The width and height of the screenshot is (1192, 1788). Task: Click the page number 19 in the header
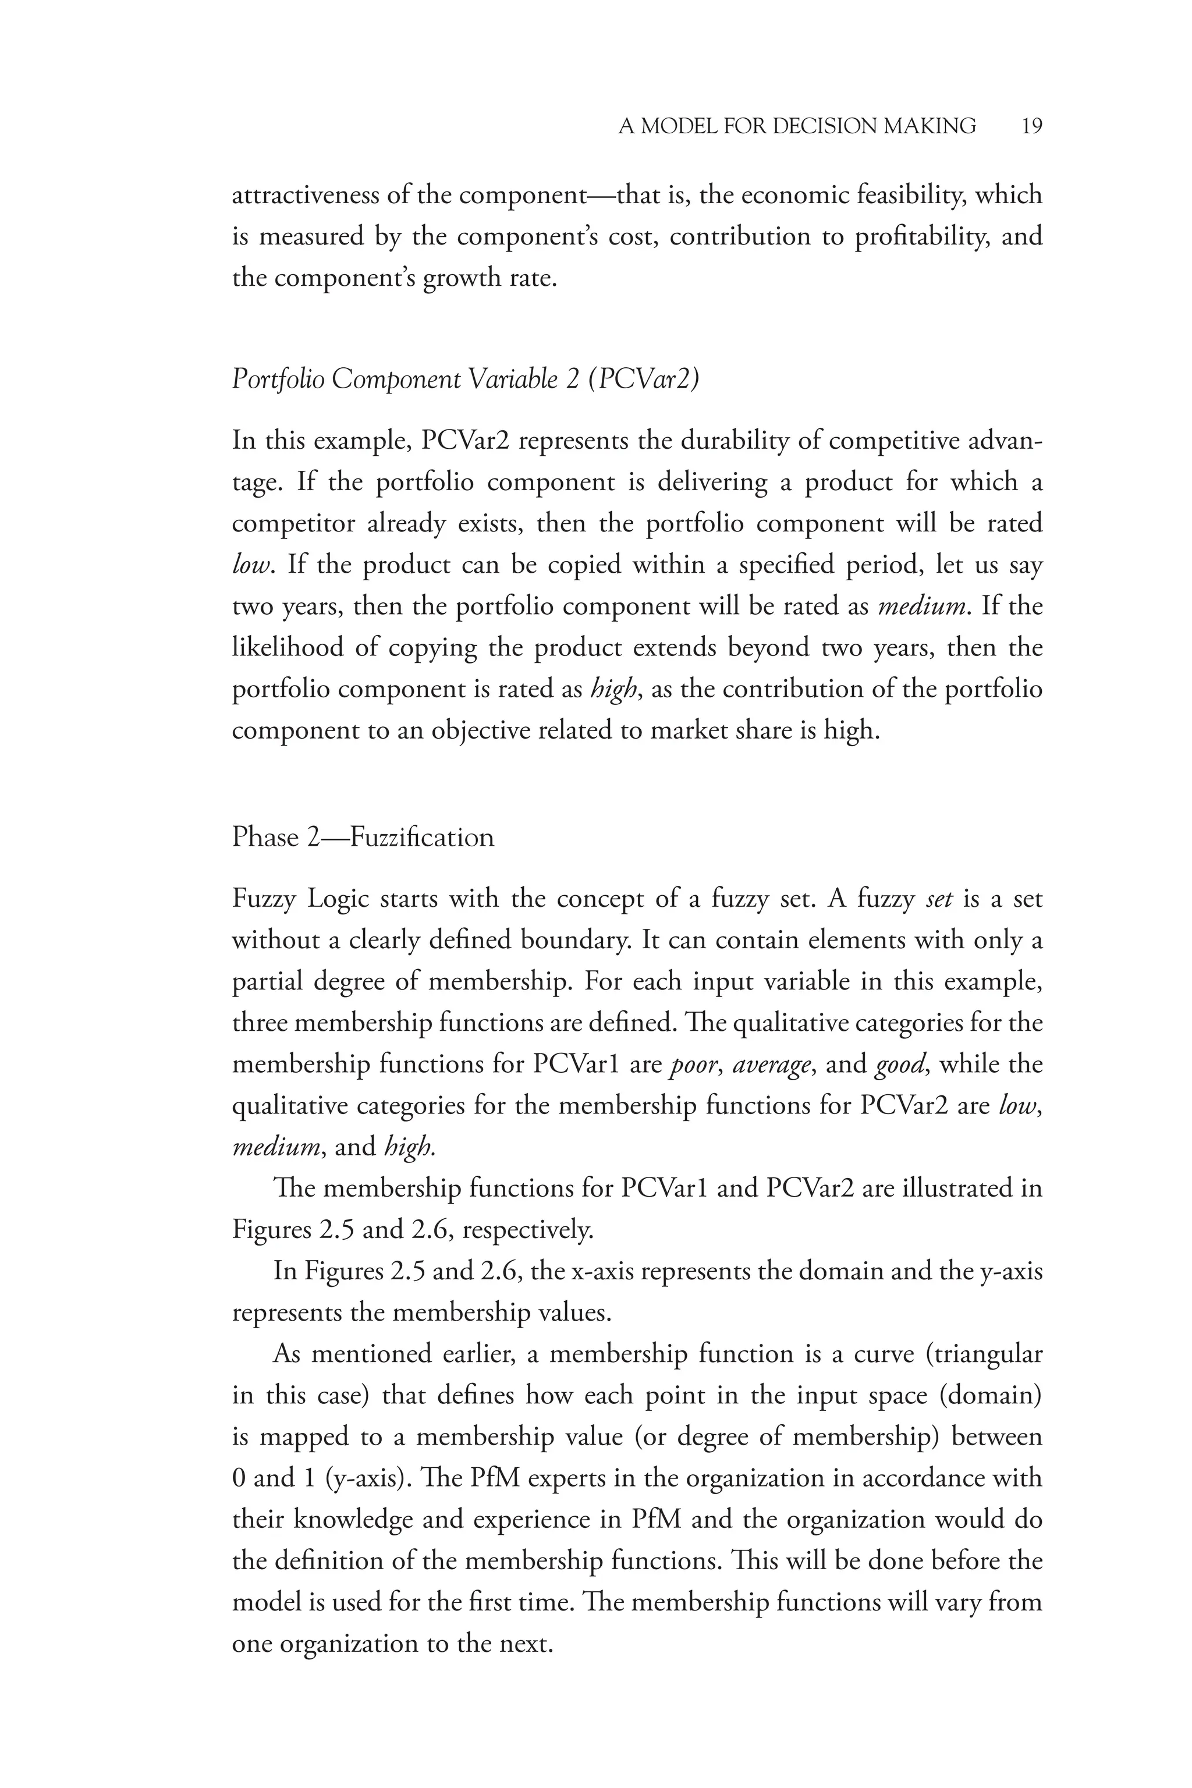point(1031,126)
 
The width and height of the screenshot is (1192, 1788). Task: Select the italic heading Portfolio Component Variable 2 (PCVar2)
point(464,378)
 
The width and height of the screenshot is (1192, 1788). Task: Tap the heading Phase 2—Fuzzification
point(363,837)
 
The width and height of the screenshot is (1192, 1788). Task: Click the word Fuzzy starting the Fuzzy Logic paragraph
point(262,899)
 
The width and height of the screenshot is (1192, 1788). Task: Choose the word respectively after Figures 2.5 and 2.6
point(527,1230)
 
